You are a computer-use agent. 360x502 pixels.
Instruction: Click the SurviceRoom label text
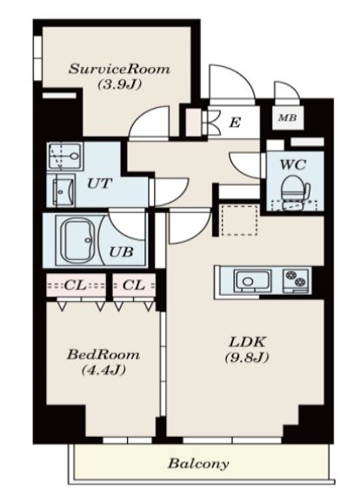coord(119,69)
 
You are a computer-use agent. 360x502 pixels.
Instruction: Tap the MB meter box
coord(288,117)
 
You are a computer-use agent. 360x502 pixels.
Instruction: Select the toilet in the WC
coord(295,191)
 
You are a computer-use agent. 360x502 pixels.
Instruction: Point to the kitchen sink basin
coord(252,281)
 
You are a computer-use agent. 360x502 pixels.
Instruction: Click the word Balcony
coord(198,463)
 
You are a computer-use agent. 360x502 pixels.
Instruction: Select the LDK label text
coord(247,342)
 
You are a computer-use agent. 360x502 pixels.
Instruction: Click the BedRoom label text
coord(103,355)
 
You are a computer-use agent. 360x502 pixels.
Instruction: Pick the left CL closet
coord(77,285)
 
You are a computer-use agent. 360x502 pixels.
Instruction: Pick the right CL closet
coord(134,285)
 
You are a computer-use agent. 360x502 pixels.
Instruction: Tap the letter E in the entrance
coord(235,122)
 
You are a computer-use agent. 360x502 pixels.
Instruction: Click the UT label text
coord(99,184)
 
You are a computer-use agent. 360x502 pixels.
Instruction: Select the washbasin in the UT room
coord(62,191)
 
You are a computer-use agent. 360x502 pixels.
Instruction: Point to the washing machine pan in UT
coord(65,157)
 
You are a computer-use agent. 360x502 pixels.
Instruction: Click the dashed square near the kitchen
coord(239,221)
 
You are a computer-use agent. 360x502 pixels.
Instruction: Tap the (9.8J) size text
coord(247,358)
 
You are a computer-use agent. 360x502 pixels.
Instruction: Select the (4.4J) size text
coord(103,370)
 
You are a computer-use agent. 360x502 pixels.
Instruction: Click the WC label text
coord(293,164)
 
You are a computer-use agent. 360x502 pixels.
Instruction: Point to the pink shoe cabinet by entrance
coord(194,122)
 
